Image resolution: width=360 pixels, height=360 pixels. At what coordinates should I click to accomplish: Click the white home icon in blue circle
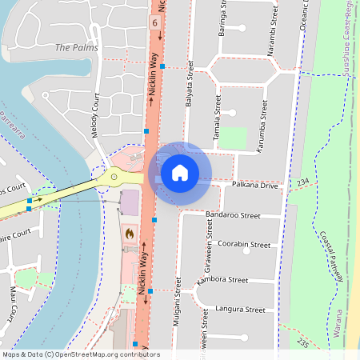pyautogui.click(x=180, y=173)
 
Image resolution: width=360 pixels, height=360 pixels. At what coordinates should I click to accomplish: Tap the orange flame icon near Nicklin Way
pyautogui.click(x=130, y=233)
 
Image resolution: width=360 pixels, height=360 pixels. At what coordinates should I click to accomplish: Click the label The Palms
pyautogui.click(x=76, y=48)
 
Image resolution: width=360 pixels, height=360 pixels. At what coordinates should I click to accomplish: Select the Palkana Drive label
pyautogui.click(x=255, y=186)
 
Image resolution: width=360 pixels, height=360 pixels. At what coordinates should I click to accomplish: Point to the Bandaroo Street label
pyautogui.click(x=233, y=216)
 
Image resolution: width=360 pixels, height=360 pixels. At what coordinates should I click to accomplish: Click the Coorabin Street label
pyautogui.click(x=244, y=244)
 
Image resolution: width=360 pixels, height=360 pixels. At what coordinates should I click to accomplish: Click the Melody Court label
pyautogui.click(x=96, y=116)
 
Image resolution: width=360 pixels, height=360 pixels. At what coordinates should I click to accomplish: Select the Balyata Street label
pyautogui.click(x=190, y=83)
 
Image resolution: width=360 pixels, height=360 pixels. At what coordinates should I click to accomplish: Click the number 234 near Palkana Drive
pyautogui.click(x=302, y=183)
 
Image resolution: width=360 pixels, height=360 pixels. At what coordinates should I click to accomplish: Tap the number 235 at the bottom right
pyautogui.click(x=302, y=342)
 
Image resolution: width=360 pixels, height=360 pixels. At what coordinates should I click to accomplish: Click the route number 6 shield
pyautogui.click(x=154, y=23)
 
